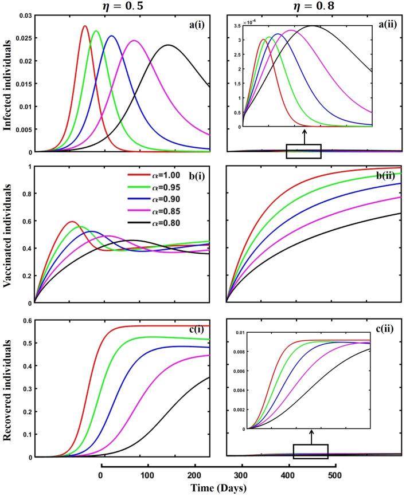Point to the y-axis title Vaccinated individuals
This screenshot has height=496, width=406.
click(x=7, y=234)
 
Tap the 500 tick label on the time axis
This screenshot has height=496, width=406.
click(x=336, y=475)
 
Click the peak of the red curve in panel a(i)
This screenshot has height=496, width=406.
click(x=85, y=26)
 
